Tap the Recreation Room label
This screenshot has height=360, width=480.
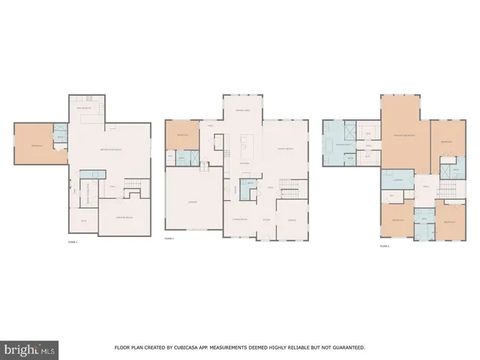112,151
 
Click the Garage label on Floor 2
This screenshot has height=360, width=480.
192,202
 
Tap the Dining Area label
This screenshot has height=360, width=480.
243,111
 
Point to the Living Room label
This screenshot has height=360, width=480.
239,220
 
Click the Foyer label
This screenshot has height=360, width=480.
265,220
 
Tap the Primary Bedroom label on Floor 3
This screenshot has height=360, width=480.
405,135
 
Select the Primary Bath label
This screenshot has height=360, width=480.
343,142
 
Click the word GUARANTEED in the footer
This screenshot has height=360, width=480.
346,348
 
